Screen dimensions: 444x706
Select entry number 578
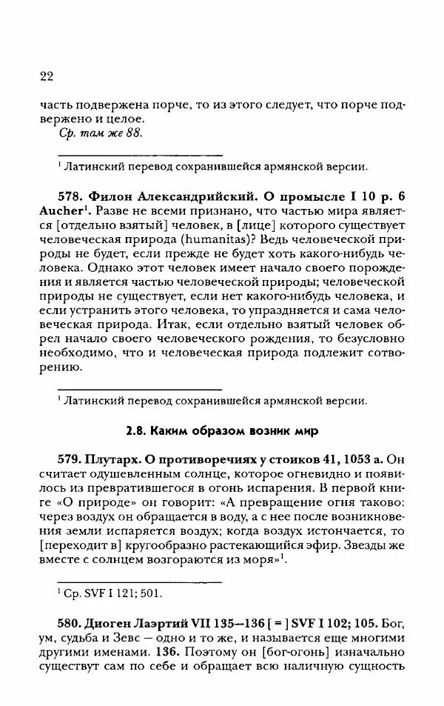(x=72, y=197)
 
